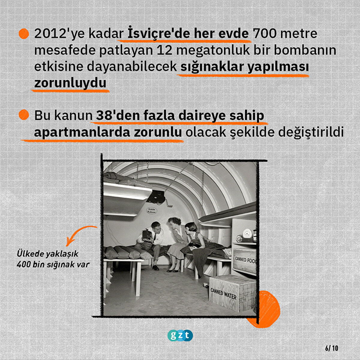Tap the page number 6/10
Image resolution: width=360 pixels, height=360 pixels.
click(332, 348)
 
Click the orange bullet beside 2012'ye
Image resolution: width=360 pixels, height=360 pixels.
click(24, 34)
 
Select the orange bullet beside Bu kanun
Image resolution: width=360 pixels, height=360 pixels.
click(24, 115)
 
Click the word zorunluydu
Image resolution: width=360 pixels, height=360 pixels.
click(70, 83)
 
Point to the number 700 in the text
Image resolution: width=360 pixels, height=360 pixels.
click(264, 34)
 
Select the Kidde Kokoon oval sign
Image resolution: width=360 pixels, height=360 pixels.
click(152, 210)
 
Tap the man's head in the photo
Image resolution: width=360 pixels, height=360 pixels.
click(156, 227)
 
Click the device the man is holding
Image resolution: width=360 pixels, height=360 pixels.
click(147, 235)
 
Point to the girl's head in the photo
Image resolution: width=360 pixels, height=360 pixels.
click(191, 228)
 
